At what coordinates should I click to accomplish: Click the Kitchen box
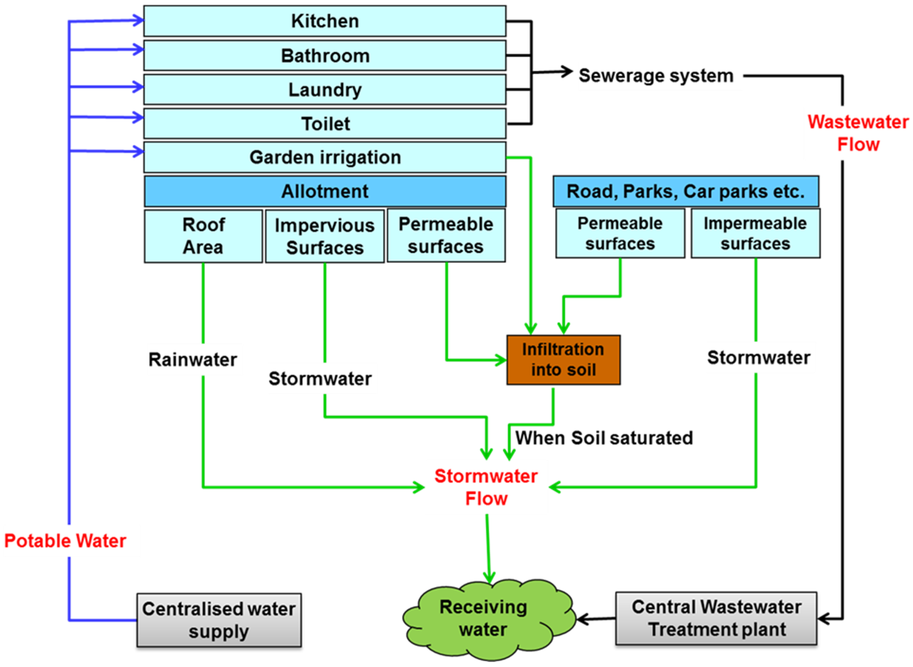[x=325, y=21]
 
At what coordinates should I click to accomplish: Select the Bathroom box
[x=325, y=56]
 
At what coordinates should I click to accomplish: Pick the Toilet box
[x=325, y=124]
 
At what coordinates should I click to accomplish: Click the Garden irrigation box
[x=325, y=157]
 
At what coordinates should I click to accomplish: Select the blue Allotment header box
[x=325, y=191]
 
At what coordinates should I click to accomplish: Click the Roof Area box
[x=203, y=236]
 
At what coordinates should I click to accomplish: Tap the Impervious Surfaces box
[x=325, y=236]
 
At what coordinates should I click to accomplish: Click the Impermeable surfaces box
[x=755, y=233]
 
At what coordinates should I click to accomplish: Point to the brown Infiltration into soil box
[x=563, y=360]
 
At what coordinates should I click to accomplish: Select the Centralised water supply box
[x=219, y=620]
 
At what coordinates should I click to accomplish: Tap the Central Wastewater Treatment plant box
[x=716, y=618]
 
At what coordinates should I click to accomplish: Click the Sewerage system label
[x=656, y=76]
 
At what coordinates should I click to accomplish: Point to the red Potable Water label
[x=65, y=541]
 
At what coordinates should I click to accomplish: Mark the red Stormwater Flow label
[x=486, y=487]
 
